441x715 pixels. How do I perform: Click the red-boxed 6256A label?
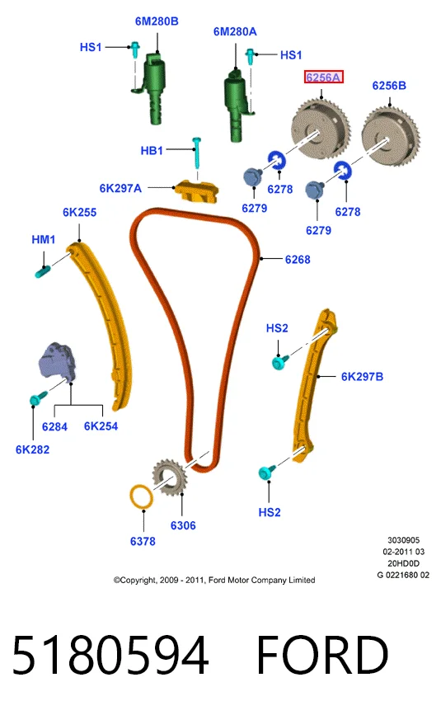(323, 78)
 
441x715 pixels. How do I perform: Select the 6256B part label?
(388, 86)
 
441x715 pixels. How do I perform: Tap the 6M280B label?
(157, 21)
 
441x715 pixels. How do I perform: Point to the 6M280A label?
(235, 31)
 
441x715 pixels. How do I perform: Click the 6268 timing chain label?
(298, 260)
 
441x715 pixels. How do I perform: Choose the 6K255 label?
(80, 212)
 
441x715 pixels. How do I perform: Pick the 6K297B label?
(362, 377)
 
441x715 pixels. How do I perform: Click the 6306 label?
(183, 526)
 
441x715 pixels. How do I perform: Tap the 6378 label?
(143, 541)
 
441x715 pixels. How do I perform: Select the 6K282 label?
(32, 449)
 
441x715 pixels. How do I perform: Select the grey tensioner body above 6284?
(57, 361)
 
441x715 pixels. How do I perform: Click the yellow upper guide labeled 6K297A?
(196, 191)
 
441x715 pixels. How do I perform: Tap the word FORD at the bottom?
(322, 656)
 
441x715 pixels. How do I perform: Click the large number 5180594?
(110, 656)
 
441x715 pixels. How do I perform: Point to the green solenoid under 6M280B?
(155, 87)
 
